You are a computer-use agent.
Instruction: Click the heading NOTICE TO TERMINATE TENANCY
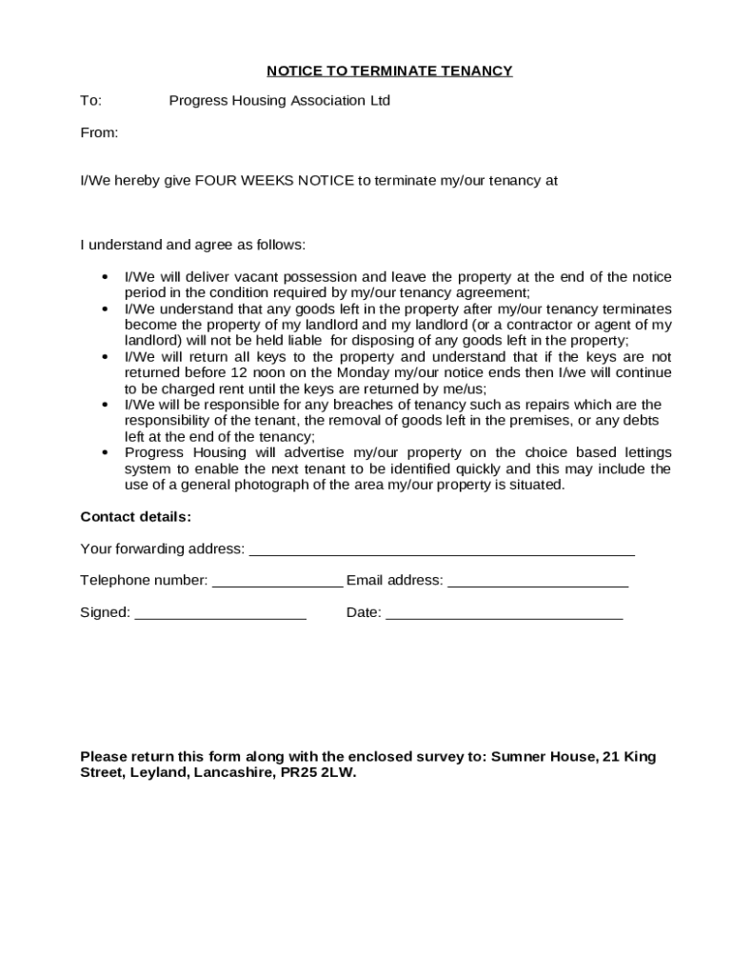[x=389, y=70]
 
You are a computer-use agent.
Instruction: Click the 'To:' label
[x=90, y=101]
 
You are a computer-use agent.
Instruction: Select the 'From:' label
[x=99, y=133]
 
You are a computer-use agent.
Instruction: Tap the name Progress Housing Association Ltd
[x=279, y=101]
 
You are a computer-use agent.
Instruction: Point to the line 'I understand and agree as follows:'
[x=192, y=245]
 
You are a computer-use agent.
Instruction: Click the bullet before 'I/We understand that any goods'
[x=104, y=309]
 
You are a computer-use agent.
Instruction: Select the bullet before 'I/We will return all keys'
[x=104, y=357]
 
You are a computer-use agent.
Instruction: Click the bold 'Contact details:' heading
[x=135, y=517]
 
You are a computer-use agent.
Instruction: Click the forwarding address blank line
[x=441, y=551]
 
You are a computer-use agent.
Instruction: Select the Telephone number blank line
[x=277, y=584]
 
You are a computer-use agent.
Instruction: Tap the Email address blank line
[x=537, y=584]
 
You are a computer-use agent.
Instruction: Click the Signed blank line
[x=220, y=616]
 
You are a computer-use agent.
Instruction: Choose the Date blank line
[x=504, y=616]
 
